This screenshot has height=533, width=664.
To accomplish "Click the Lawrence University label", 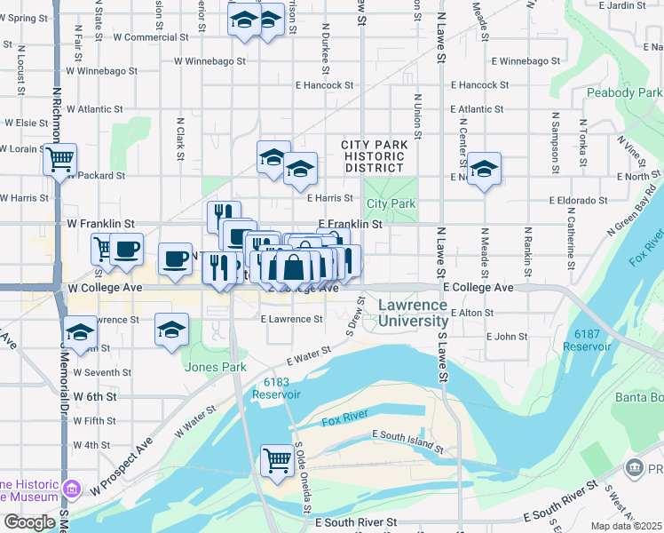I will click(x=413, y=313).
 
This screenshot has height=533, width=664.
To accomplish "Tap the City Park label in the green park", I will click(x=391, y=204).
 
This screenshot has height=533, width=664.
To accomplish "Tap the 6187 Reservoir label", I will click(x=587, y=339).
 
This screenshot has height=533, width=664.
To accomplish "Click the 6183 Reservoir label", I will click(x=277, y=387).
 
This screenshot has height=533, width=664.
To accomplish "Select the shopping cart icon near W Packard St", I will click(x=59, y=160).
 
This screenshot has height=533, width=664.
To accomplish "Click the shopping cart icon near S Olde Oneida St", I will click(x=277, y=460).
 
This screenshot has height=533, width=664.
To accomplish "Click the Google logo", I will click(x=30, y=522).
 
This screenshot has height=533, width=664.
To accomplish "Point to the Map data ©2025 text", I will click(x=626, y=526).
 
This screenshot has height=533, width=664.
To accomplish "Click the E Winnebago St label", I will click(x=525, y=61).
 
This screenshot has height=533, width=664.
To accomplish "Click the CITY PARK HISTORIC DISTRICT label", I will click(x=374, y=155).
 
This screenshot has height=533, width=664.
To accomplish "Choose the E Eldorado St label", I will click(x=581, y=201).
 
